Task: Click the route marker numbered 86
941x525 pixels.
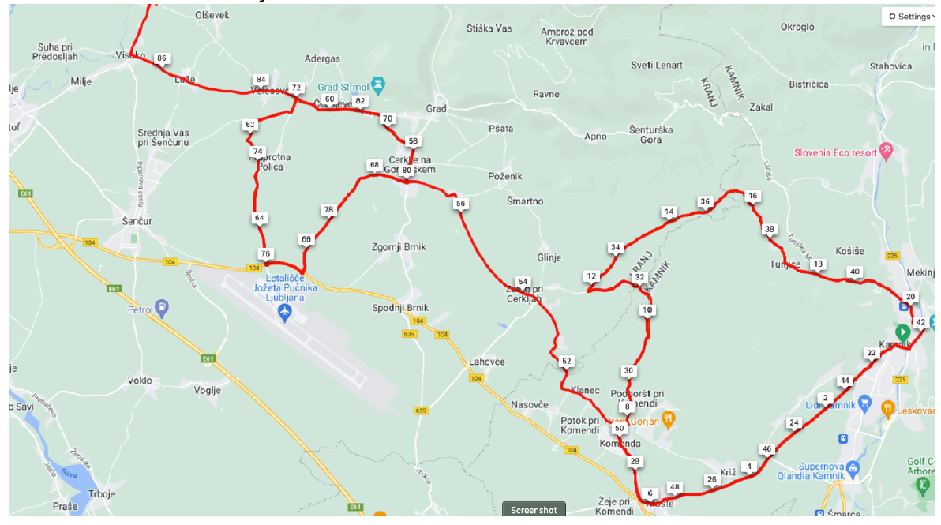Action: [x=162, y=58]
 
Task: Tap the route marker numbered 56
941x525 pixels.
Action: [x=461, y=204]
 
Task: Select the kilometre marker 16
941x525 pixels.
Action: [x=752, y=196]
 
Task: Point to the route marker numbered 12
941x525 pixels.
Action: [x=591, y=276]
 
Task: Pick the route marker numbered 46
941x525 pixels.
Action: [x=766, y=448]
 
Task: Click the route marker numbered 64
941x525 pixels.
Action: [x=260, y=218]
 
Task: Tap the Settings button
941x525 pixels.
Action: [x=909, y=16]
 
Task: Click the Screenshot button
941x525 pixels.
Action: [x=533, y=510]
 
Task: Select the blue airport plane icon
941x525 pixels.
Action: [x=286, y=313]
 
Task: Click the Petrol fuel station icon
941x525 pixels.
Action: [x=162, y=306]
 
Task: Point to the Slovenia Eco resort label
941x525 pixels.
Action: [x=836, y=152]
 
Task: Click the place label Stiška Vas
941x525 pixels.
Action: [x=489, y=28]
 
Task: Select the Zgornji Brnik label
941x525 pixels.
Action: [x=399, y=247]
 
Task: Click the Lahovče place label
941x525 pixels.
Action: [x=487, y=362]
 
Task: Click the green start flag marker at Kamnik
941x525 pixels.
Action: [x=902, y=332]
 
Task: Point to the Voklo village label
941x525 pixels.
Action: [x=139, y=381]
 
